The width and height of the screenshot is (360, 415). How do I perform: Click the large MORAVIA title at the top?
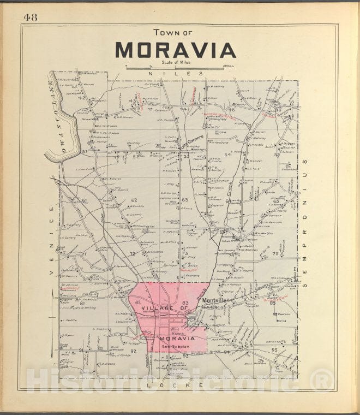click(x=175, y=50)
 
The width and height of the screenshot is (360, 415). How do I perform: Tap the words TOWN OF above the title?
click(x=173, y=32)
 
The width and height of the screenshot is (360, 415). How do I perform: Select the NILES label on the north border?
click(x=176, y=73)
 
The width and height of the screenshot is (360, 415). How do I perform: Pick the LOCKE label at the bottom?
click(x=176, y=386)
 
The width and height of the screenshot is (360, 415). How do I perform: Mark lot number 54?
click(x=228, y=155)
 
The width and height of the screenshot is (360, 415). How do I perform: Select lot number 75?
click(x=275, y=254)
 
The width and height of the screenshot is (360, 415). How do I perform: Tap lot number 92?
click(x=133, y=352)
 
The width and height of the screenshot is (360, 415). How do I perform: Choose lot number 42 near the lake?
click(x=81, y=98)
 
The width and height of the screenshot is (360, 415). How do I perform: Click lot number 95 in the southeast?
click(x=274, y=349)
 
